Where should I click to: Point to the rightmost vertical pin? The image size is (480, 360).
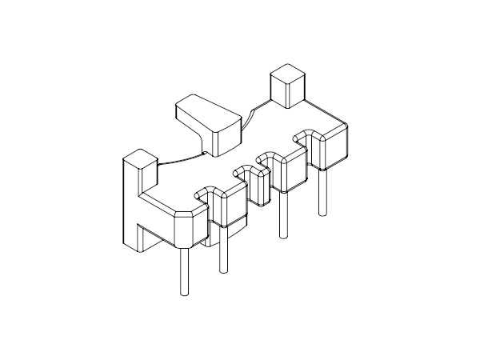(322, 192)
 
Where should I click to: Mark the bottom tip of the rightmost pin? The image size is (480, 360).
(322, 214)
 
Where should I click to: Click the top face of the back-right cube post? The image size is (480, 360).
(286, 76)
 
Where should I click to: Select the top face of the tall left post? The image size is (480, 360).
(140, 158)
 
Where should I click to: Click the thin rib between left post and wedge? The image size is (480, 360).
(181, 160)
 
